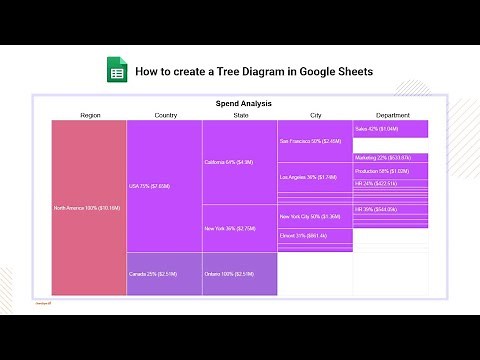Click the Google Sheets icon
point(117,72)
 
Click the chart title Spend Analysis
point(244,103)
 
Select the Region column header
point(90,115)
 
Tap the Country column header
point(165,115)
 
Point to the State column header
point(240,115)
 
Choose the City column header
point(316,115)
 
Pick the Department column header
point(391,115)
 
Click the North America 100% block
point(89,207)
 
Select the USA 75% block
point(164,186)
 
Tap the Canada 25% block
point(164,274)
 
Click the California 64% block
point(240,162)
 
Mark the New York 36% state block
point(240,229)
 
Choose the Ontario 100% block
point(240,274)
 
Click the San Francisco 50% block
point(315,142)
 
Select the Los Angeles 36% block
point(315,178)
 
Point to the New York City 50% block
point(315,215)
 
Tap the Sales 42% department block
point(391,129)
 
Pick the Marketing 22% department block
point(391,157)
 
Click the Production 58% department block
point(391,171)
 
